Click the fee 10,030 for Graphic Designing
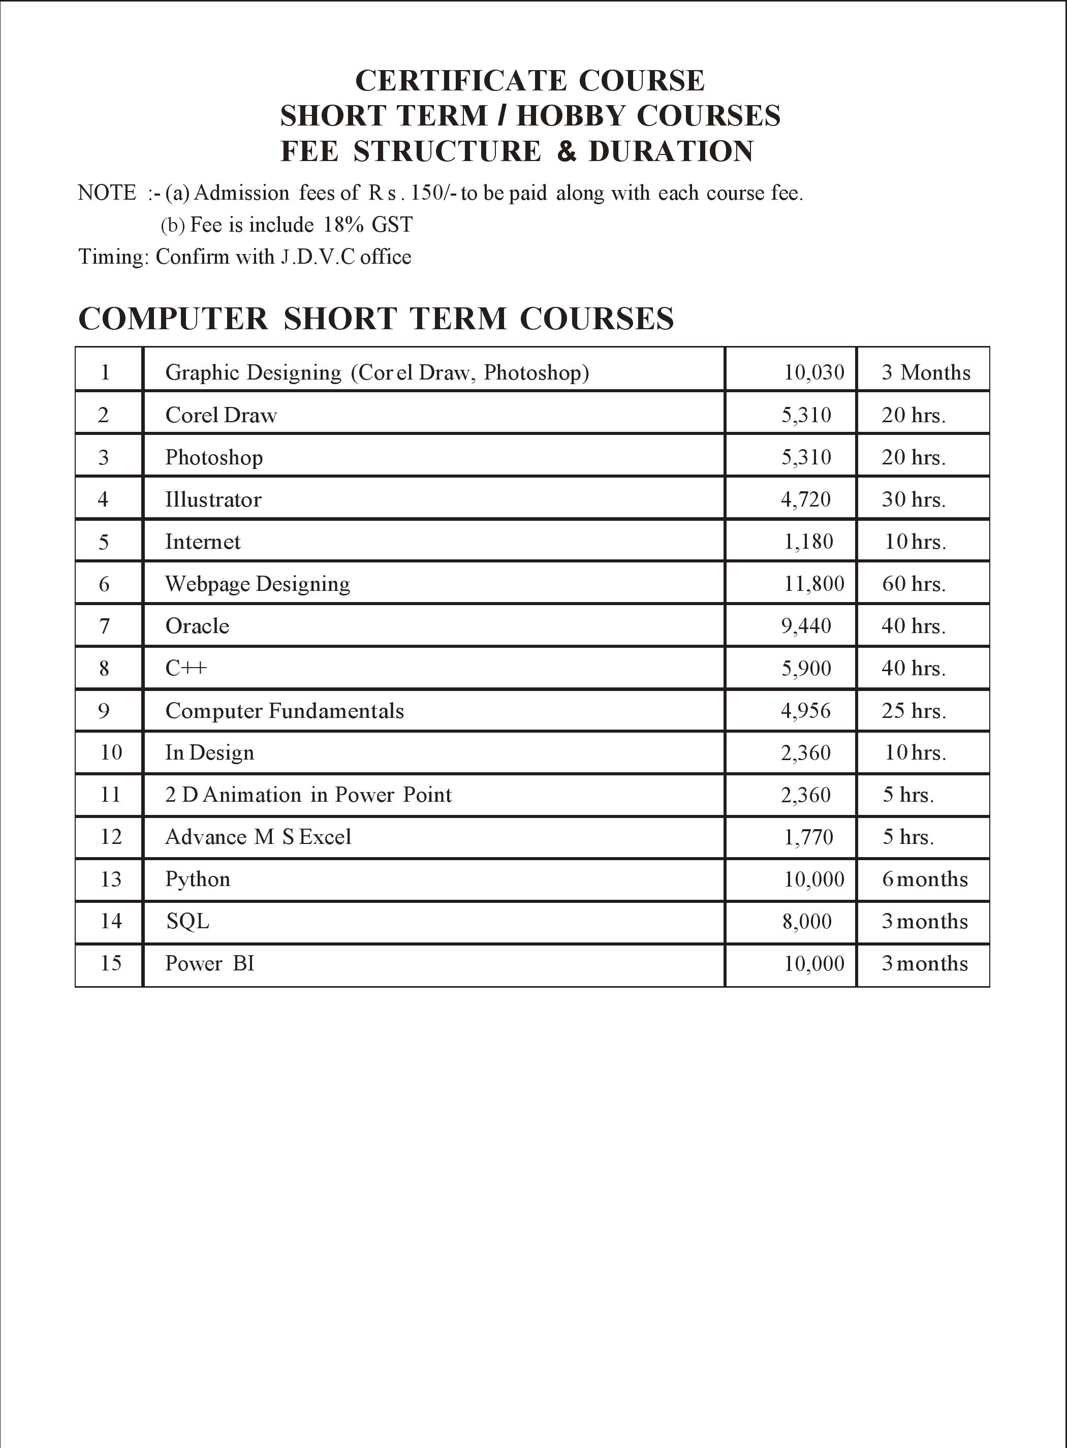814,372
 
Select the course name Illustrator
213,499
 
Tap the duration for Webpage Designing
913,584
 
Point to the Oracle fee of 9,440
806,626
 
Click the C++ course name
186,668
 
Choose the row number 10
111,752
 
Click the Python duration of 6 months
924,879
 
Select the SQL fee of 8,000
807,921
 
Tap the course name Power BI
210,964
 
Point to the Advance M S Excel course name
258,837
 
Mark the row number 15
111,964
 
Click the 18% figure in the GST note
343,225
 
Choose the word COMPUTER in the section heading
173,319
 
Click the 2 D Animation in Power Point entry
308,795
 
